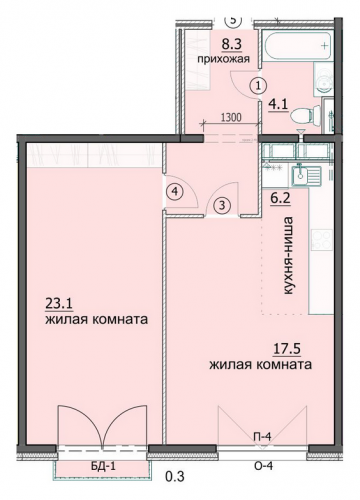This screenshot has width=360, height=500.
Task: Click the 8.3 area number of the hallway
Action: [x=233, y=45]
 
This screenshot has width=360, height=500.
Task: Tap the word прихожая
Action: [x=223, y=59]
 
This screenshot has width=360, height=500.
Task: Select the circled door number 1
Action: [x=258, y=86]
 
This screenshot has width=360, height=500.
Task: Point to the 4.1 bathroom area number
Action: [x=278, y=105]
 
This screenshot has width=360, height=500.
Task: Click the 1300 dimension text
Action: [x=231, y=117]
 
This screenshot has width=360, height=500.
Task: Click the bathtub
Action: [x=297, y=46]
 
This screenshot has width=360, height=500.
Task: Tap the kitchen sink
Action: [x=306, y=176]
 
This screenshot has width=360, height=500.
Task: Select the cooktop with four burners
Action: [x=321, y=239]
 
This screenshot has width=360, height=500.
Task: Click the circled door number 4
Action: [x=175, y=191]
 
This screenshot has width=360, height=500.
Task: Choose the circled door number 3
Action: [x=222, y=205]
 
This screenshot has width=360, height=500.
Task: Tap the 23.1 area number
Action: [x=59, y=304]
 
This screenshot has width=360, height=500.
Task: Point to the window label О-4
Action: [x=263, y=466]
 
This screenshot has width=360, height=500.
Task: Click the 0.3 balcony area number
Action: [x=175, y=477]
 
